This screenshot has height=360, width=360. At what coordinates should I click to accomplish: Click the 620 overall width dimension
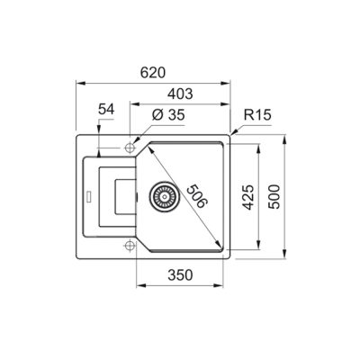153,73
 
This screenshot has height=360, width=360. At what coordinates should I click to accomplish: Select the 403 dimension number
180,94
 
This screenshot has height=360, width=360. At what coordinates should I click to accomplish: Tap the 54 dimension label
106,109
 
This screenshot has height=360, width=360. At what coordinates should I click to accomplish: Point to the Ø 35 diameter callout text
168,114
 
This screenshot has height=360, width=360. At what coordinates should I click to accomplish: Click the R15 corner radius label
257,114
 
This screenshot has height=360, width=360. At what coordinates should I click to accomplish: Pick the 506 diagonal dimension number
197,196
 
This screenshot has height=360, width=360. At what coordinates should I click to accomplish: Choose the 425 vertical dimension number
248,197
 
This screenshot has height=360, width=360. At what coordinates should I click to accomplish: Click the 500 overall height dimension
274,197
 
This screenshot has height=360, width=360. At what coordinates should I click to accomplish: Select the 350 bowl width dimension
180,274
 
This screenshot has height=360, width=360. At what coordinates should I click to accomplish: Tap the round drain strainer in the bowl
165,196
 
